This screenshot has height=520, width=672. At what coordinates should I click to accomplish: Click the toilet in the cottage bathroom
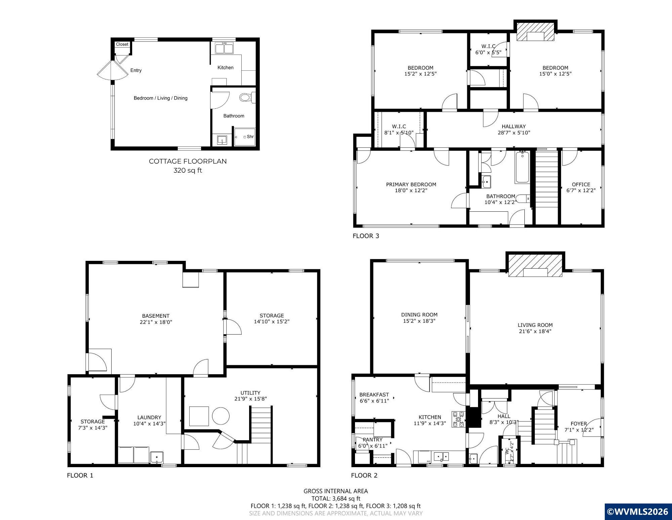tap(247, 98)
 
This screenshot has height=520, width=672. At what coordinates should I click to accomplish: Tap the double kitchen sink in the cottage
tap(224, 49)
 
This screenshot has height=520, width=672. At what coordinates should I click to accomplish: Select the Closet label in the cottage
tap(122, 44)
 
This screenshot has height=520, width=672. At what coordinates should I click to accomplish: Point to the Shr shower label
tap(250, 137)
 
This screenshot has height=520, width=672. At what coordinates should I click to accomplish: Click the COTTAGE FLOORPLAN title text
tap(188, 161)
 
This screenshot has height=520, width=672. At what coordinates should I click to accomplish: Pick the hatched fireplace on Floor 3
tap(535, 32)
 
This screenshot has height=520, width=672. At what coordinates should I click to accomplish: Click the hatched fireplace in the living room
tap(535, 266)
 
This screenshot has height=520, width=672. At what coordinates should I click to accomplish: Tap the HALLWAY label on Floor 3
tap(514, 127)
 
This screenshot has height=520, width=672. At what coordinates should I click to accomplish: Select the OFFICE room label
tap(581, 184)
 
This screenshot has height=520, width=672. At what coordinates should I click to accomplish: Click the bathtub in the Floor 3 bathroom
tap(522, 167)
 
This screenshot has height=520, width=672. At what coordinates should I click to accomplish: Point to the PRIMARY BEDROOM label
tap(411, 184)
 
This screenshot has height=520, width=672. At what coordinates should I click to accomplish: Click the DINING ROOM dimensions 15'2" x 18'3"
tap(419, 321)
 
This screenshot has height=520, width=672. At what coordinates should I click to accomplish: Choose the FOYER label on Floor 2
tap(579, 424)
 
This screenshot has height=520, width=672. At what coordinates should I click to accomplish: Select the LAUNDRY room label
tap(149, 417)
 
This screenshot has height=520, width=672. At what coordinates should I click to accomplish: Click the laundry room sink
tap(157, 457)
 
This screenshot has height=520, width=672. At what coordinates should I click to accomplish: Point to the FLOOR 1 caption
tap(80, 476)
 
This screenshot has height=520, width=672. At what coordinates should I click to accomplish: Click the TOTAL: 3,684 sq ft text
tap(336, 498)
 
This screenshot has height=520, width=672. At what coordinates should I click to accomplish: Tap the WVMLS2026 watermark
tap(638, 512)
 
